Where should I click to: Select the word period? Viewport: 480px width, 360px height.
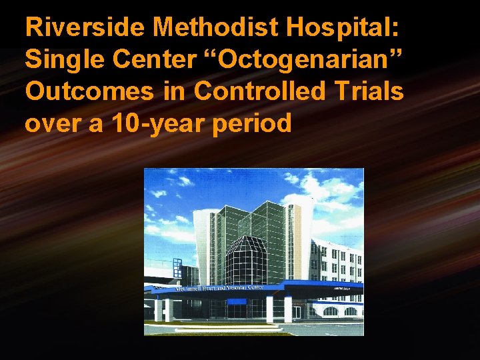pos(259,123)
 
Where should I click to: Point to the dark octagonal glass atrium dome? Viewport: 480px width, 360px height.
pos(245,260)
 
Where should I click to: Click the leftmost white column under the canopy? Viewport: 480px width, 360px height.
pos(158,309)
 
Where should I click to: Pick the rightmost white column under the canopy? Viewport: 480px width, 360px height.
pos(288,309)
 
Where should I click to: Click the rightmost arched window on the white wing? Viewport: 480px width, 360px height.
pos(351,311)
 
